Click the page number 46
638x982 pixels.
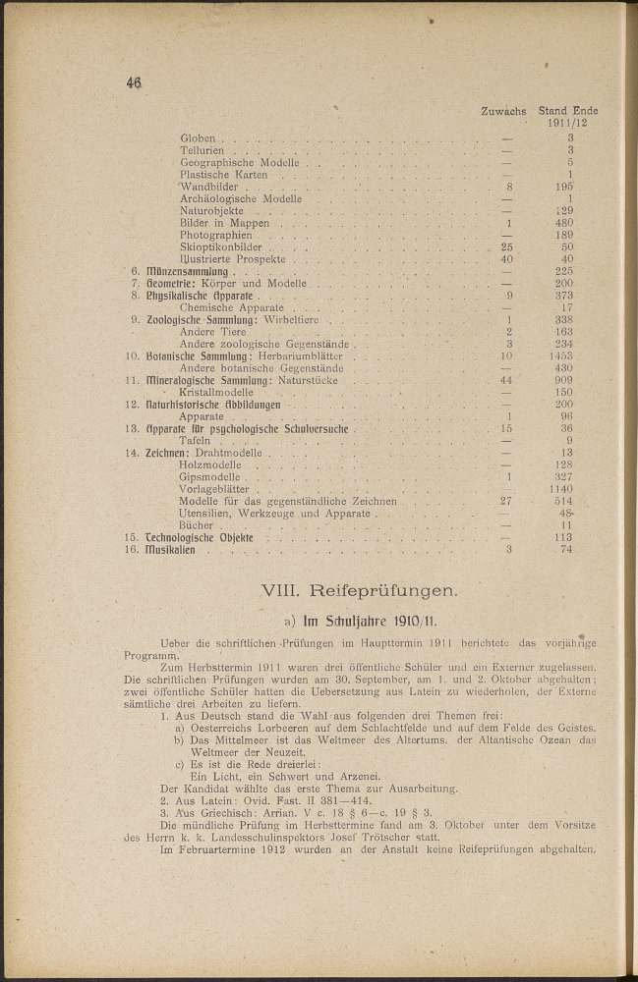pos(135,83)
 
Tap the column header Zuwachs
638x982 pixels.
pos(504,112)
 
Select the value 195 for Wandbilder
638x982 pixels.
pos(563,186)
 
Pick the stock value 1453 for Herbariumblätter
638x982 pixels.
pos(562,355)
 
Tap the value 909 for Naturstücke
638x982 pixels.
pos(563,379)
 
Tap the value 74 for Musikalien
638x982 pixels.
pos(564,549)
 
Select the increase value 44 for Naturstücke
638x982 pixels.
pos(507,379)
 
